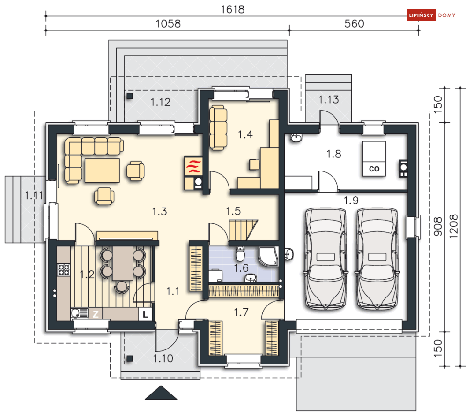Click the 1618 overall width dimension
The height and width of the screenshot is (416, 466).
click(x=232, y=9)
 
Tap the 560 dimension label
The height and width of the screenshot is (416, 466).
click(x=354, y=24)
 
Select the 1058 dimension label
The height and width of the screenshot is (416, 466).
click(x=168, y=24)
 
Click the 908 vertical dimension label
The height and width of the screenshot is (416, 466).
click(x=438, y=227)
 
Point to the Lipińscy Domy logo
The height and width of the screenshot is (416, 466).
click(x=431, y=15)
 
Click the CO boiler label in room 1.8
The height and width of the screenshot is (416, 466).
click(x=374, y=169)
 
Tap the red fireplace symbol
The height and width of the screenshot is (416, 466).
click(x=193, y=166)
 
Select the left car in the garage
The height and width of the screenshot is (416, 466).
click(x=325, y=259)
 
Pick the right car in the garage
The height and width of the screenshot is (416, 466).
click(x=377, y=259)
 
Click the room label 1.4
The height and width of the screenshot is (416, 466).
click(x=245, y=135)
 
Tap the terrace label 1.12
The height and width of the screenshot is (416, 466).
click(x=161, y=102)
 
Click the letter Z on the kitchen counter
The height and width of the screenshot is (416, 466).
click(x=96, y=314)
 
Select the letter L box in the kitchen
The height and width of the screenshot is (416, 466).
click(x=145, y=314)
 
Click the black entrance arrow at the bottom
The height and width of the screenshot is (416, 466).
click(x=161, y=393)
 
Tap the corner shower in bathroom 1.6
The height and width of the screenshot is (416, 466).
click(x=268, y=256)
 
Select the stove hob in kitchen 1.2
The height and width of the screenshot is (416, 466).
click(x=64, y=269)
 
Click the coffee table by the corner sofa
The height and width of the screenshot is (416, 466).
click(x=102, y=171)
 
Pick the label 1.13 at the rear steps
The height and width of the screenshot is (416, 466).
click(x=329, y=100)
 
